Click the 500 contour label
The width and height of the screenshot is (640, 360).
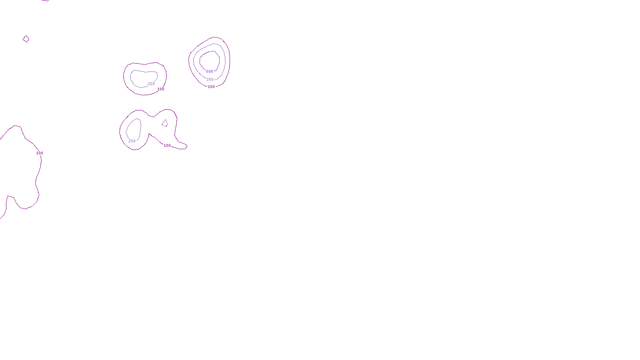click(x=210, y=72)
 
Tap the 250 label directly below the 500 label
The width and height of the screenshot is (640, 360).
click(x=210, y=80)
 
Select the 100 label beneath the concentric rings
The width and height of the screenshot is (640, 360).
click(x=211, y=87)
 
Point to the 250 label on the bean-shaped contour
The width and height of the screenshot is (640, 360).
click(x=151, y=84)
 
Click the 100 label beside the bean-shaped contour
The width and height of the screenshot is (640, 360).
click(x=161, y=89)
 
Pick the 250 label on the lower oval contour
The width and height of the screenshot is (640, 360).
click(x=132, y=141)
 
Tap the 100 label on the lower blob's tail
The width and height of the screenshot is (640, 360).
click(x=167, y=146)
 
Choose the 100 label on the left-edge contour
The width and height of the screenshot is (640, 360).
click(x=40, y=153)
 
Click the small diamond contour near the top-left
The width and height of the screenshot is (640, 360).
click(x=26, y=39)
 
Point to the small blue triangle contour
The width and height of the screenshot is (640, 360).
click(x=165, y=123)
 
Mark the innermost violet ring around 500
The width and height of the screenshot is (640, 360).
click(x=219, y=60)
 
